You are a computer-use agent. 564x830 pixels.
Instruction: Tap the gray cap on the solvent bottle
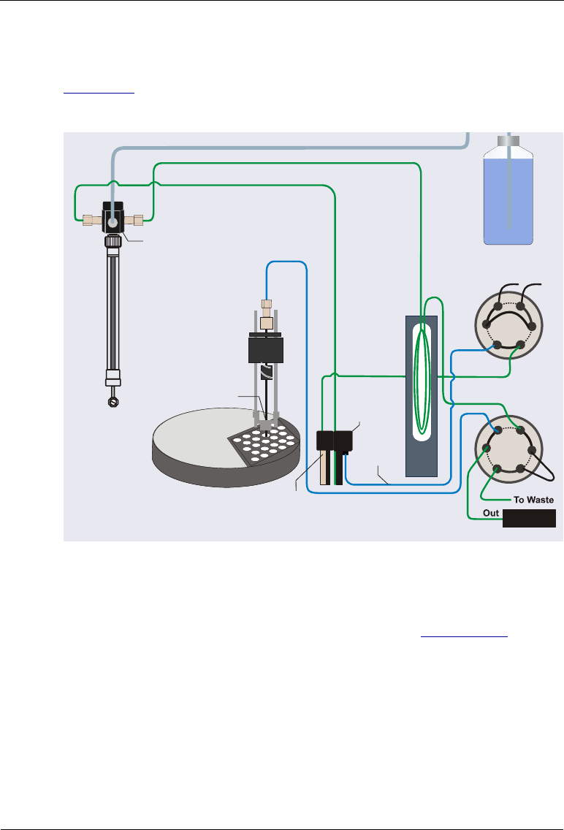509,140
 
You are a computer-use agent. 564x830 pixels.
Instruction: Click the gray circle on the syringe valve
113,218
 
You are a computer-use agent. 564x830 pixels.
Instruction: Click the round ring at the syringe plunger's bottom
113,400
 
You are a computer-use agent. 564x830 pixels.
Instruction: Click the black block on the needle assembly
264,351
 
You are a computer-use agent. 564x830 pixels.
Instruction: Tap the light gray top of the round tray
197,435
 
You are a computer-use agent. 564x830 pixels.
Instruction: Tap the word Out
491,514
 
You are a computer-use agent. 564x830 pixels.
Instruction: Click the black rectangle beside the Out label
529,519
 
